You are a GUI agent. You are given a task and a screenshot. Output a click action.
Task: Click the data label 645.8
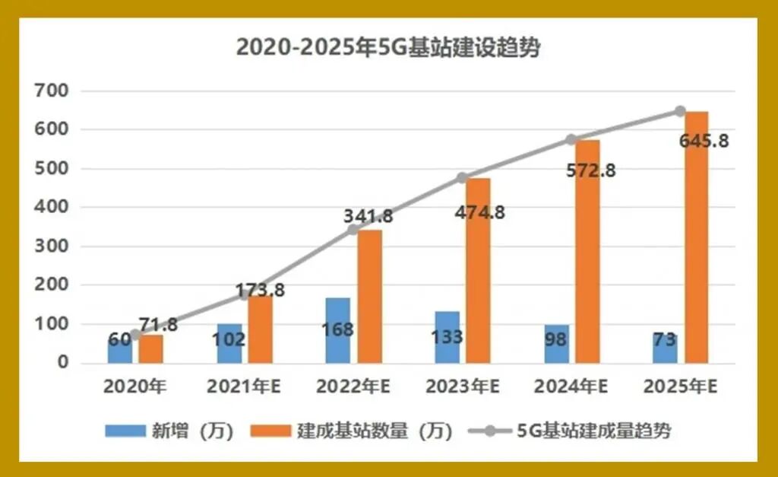point(704,142)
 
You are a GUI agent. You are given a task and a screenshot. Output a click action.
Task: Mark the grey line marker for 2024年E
point(571,140)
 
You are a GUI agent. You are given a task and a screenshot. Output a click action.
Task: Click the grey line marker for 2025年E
point(681,112)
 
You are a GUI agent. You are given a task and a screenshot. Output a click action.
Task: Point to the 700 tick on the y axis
point(52,91)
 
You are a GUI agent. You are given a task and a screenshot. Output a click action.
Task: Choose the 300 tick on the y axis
point(52,246)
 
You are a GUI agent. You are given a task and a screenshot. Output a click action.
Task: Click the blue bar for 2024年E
point(556,344)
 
